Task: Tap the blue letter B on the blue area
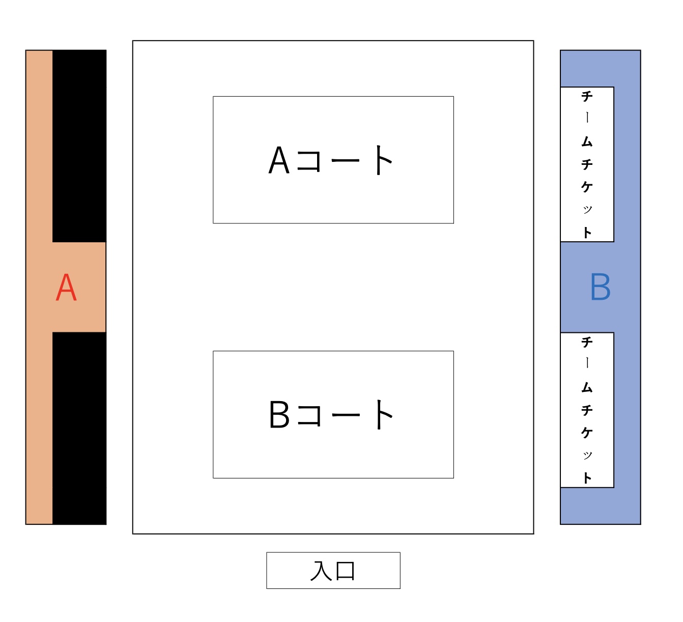pos(600,287)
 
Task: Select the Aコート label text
pos(330,160)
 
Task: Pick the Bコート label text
pos(330,414)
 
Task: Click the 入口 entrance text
pos(333,571)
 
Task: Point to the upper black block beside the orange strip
pos(79,146)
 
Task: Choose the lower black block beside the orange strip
pos(79,428)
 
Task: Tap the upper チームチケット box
pos(587,164)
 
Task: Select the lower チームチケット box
pos(587,410)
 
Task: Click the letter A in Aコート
pos(279,160)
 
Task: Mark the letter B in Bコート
pos(279,414)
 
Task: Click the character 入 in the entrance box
pos(321,571)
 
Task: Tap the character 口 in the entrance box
pos(345,571)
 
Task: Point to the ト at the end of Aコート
pos(383,160)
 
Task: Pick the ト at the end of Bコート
pos(383,414)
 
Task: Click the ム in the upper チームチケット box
pos(587,142)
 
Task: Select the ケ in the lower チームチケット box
pos(587,432)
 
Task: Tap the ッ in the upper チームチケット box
pos(587,210)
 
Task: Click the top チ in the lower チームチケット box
pos(587,342)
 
